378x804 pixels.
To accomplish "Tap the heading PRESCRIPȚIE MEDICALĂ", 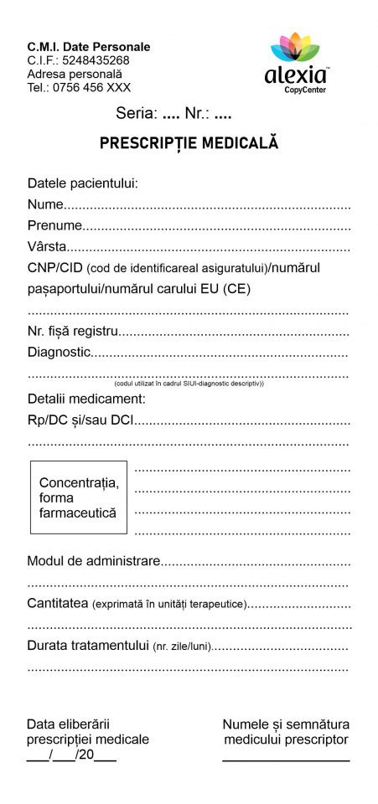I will pos(189,143).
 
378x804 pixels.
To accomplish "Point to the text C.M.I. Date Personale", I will pos(89,47).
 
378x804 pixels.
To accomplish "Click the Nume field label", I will pos(45,204).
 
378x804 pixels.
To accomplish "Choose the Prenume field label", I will pos(54,225).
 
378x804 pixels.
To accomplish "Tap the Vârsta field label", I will pos(47,247).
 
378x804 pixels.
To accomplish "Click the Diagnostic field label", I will pos(58,353).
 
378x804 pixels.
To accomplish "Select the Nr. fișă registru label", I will pos(73,332).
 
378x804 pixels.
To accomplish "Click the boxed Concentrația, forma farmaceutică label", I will pos(79,497).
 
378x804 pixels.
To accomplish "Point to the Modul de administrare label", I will pos(93,560).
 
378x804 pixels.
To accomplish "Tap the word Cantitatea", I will pos(58,603).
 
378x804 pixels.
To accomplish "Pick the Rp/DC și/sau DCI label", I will pos(80,420).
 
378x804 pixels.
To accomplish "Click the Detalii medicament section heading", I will pos(86,399).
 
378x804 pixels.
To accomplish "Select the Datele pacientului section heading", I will pos(82,183).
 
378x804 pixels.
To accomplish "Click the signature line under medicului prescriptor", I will pos(286,759).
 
